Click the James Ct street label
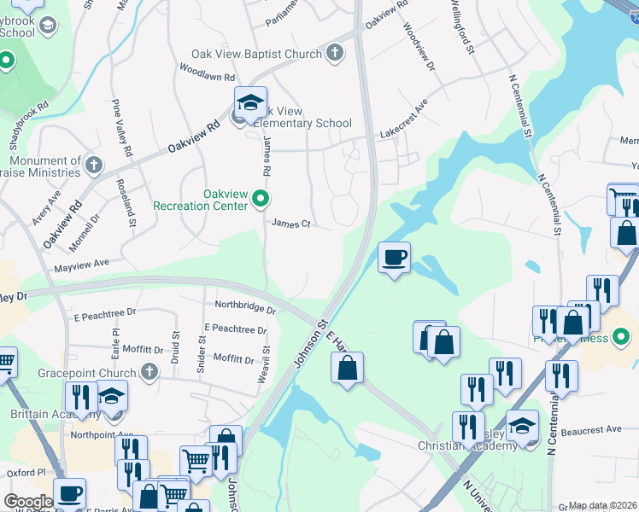coord(290,224)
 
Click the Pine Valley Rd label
coord(121,128)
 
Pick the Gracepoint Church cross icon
coord(149,372)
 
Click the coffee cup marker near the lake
coord(394,258)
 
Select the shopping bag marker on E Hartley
coord(348,369)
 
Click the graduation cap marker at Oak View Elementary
coord(250,103)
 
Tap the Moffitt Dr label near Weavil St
coord(233,358)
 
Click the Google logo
coord(28,501)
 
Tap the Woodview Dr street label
coord(419,47)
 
